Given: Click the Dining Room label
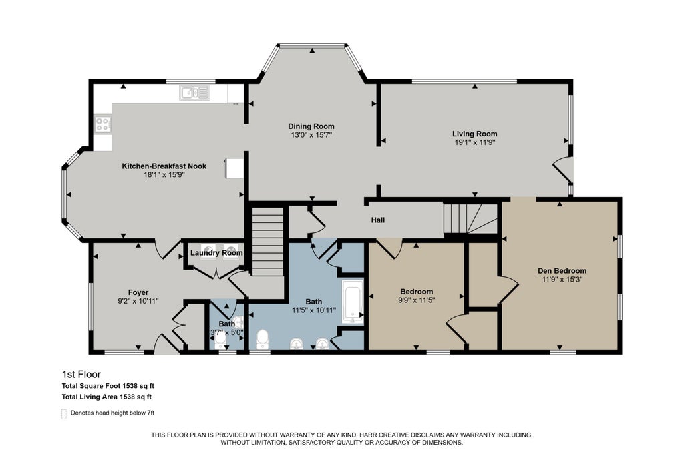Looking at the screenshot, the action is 311,126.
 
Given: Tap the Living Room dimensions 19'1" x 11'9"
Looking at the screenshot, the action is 474,142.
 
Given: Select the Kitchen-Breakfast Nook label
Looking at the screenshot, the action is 164,166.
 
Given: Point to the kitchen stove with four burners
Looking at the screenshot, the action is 103,124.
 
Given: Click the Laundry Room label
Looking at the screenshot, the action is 216,253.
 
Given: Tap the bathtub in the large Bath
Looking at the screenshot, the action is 353,302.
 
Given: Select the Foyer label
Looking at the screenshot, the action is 138,292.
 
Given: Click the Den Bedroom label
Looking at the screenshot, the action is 562,270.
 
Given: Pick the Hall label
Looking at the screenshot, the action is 378,220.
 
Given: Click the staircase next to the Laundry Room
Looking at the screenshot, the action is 268,242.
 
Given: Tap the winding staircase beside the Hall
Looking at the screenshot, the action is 471,218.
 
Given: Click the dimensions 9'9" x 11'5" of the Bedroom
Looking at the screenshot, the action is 417,300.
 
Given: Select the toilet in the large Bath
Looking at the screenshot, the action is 262,340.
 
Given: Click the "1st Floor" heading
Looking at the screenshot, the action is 81,375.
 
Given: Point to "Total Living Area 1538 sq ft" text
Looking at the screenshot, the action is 107,397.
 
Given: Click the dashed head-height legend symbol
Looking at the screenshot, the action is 64,414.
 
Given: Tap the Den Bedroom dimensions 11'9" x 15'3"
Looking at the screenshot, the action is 562,280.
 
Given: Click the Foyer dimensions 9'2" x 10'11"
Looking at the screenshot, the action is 138,301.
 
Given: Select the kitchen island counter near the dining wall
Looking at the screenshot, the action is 234,168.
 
